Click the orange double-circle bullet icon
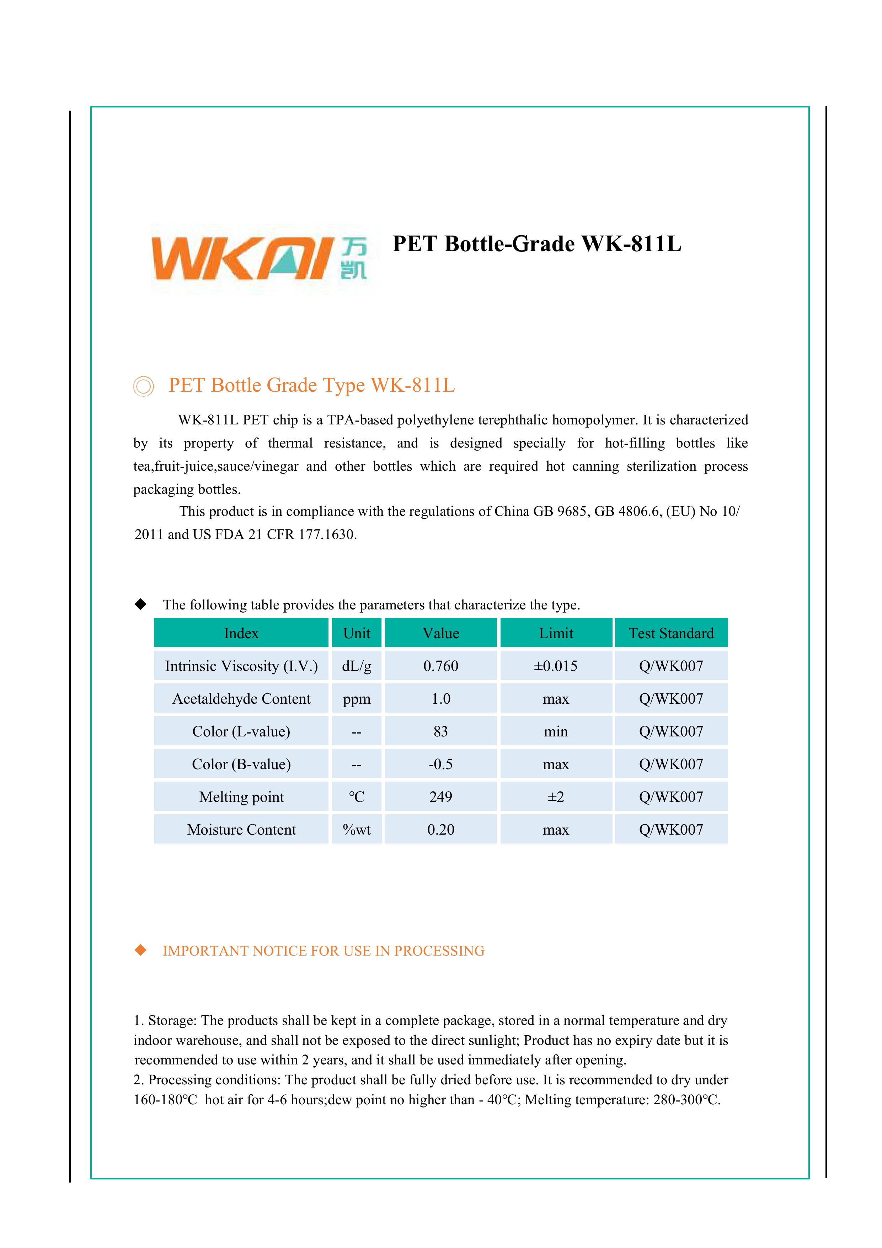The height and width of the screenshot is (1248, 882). pos(143,386)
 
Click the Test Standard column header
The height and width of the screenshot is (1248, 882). pos(671,633)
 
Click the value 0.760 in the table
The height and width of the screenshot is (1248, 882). pos(440,666)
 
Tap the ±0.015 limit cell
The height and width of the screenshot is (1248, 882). pos(556,666)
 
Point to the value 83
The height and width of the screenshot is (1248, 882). pos(440,732)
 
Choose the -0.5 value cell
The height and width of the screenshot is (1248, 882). pos(440,764)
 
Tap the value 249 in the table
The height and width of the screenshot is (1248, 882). pos(440,797)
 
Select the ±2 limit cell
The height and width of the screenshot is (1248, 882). pos(556,797)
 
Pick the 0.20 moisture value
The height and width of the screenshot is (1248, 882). pos(440,830)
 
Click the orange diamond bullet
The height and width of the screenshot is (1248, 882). pos(141,950)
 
